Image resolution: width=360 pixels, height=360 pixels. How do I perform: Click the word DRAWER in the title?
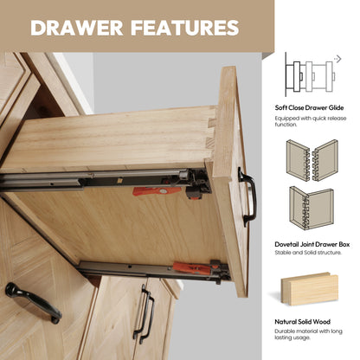coord(77,28)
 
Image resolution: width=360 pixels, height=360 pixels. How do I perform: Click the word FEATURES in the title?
coord(185,28)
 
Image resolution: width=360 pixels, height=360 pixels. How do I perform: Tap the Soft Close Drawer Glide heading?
coord(309,108)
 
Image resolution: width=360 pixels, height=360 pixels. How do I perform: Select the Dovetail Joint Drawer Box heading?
coord(312,244)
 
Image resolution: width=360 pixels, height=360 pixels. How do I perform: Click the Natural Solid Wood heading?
coord(302,322)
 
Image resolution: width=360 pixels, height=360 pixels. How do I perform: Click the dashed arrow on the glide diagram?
coord(337,59)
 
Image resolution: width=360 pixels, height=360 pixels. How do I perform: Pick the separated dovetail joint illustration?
coord(312,160)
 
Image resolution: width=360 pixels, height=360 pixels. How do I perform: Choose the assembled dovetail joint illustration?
coord(312,208)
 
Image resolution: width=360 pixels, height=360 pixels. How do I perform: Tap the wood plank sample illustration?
coord(310,289)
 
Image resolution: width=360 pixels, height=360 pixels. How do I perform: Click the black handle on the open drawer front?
coord(249,196)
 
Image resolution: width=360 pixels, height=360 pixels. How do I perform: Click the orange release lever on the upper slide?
coord(157,191)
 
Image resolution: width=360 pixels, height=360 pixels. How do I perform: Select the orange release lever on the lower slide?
coord(192,268)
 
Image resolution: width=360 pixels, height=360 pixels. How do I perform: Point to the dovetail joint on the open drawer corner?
coord(212,132)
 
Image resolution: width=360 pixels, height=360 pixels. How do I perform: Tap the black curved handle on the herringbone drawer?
coord(33,303)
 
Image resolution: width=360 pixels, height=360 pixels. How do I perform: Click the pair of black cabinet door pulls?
coord(144,314)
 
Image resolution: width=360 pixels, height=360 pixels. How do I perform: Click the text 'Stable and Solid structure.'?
coord(308,253)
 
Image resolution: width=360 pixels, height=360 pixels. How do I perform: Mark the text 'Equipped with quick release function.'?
coord(311,121)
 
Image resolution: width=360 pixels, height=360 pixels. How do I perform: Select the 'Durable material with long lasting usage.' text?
coord(308,334)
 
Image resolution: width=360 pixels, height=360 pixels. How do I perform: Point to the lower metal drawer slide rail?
coord(154,271)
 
